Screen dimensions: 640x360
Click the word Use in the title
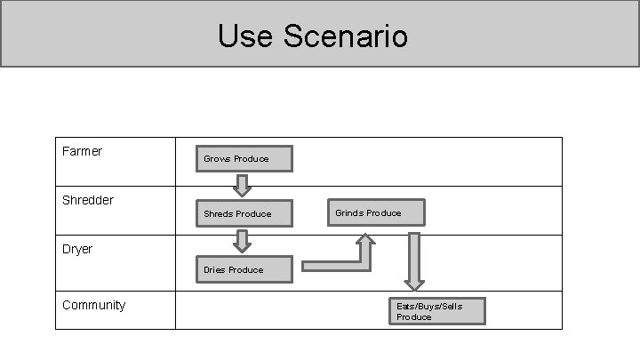[245, 36]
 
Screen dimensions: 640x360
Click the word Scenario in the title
[346, 36]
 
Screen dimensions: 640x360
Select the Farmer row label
[82, 151]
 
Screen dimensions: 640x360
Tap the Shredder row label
[88, 200]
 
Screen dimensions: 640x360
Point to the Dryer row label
[77, 250]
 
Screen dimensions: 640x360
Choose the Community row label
[94, 306]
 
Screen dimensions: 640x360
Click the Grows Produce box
[244, 159]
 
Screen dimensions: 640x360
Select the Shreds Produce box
[244, 213]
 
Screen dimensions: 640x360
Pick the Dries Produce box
[244, 269]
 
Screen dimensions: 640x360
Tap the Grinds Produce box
[376, 212]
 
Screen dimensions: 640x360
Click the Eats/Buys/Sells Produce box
[437, 311]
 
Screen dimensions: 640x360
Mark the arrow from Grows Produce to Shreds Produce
[242, 186]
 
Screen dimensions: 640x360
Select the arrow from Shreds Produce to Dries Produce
[242, 241]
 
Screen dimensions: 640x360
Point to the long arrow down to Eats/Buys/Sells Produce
[414, 261]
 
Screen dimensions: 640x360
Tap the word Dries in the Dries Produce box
[214, 270]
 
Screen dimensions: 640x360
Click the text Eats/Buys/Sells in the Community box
[429, 307]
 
